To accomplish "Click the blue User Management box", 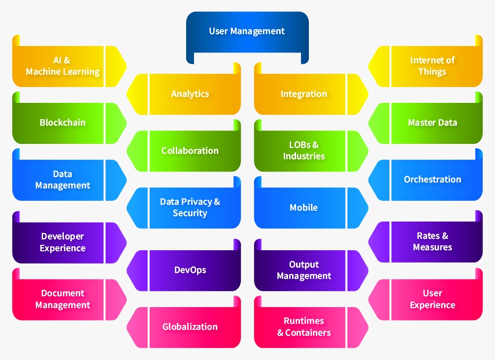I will (x=247, y=32).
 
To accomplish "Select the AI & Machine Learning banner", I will (x=63, y=66).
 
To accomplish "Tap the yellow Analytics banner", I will (x=190, y=94).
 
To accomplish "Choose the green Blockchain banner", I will (x=63, y=123).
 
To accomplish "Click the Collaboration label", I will (x=190, y=151).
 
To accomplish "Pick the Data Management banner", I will (x=63, y=180).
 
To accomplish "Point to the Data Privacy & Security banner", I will (x=190, y=208).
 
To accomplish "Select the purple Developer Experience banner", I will (x=63, y=242).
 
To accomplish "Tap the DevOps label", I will (x=190, y=270).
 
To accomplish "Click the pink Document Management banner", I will (x=63, y=299).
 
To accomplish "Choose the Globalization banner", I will (x=190, y=327).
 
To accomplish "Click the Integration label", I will (x=303, y=94).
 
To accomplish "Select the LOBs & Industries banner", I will (x=303, y=151).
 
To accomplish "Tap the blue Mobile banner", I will (x=303, y=208).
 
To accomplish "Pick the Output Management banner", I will (x=303, y=270).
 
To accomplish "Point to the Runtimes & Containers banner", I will (x=303, y=327).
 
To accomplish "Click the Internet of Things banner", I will (x=432, y=66).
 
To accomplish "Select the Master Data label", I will (x=432, y=123).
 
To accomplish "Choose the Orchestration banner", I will (x=432, y=180).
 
